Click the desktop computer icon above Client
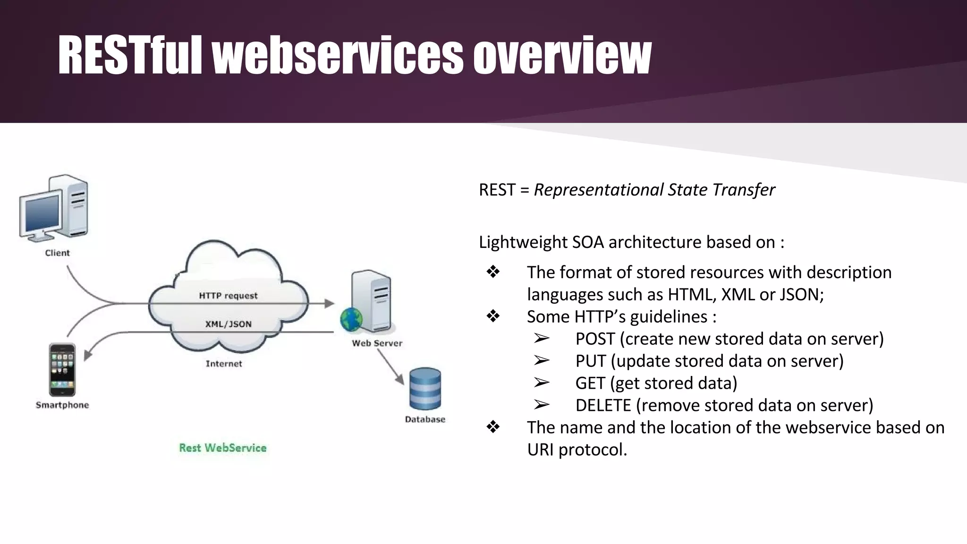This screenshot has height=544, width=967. [x=54, y=208]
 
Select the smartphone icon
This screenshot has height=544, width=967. [x=62, y=370]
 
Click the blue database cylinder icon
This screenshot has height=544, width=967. [x=425, y=389]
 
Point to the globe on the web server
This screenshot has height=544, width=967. [x=351, y=320]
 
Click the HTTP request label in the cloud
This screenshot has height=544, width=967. [x=228, y=296]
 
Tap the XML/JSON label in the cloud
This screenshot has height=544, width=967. [x=228, y=324]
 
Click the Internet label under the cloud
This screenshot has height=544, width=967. [x=224, y=364]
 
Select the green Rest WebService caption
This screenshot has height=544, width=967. [x=222, y=448]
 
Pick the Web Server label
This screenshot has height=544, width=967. [x=377, y=343]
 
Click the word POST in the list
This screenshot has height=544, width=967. [x=595, y=339]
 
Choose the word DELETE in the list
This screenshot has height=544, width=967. [x=603, y=406]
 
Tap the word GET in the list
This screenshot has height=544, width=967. [x=590, y=383]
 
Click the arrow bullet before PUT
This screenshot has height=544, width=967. [x=542, y=361]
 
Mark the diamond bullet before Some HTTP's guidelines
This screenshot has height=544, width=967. [x=493, y=316]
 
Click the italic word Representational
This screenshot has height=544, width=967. [x=598, y=190]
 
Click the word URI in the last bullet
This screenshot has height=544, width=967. [x=541, y=450]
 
